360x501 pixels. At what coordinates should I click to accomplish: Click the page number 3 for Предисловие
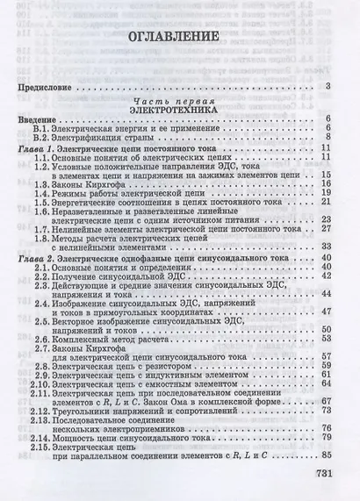[327, 87]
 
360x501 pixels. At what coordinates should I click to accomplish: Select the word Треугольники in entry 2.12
[85, 411]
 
